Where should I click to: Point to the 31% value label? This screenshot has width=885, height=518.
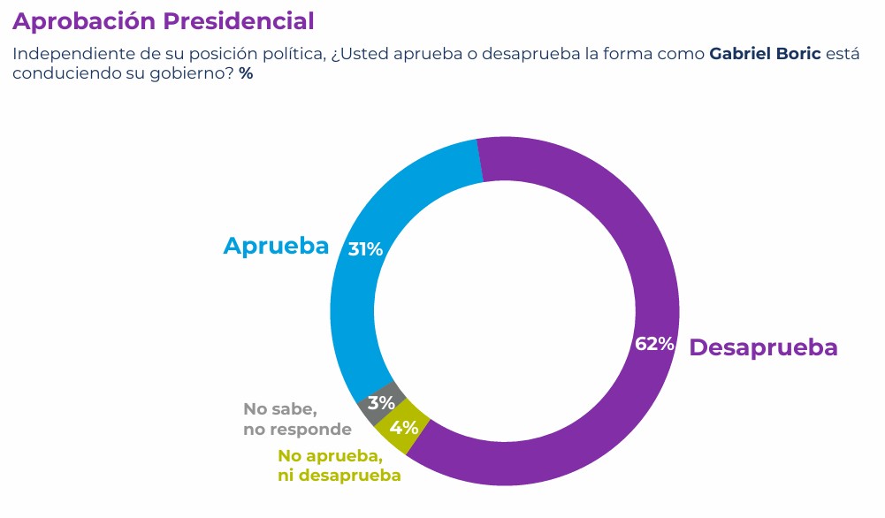365,250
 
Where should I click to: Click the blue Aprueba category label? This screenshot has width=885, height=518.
276,247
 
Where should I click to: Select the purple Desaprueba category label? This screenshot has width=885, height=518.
763,347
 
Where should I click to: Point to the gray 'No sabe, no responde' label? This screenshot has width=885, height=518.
297,420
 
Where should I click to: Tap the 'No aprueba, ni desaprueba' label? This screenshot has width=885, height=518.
339,466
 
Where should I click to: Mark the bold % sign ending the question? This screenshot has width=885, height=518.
246,74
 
